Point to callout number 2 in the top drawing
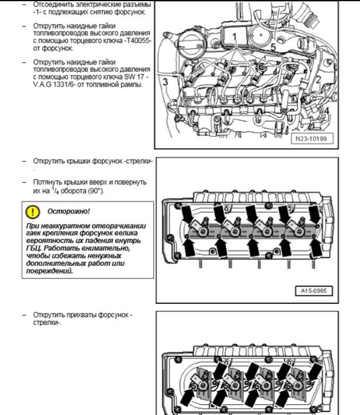[319, 79]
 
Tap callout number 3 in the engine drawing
[165, 81]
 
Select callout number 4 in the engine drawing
[327, 109]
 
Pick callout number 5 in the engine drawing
[272, 46]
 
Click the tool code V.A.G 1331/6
[55, 85]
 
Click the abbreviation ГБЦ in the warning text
[34, 248]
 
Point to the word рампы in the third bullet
[133, 85]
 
